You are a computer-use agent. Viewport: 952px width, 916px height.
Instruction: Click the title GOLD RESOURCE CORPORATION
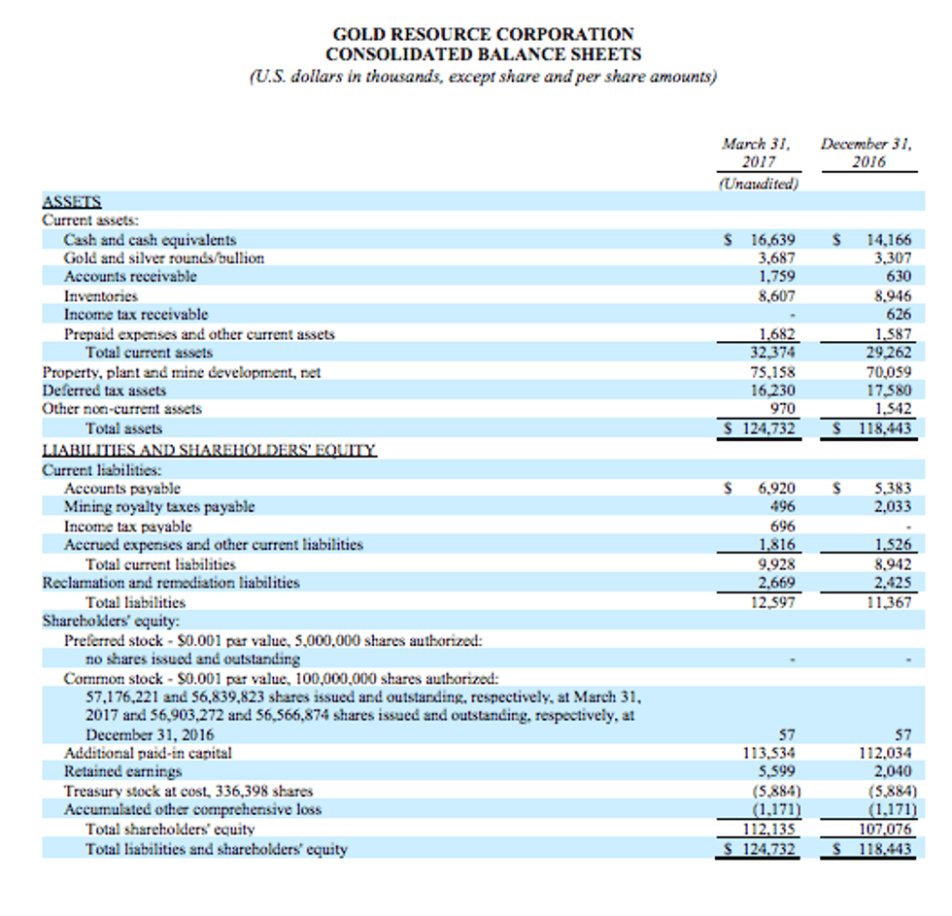(x=483, y=35)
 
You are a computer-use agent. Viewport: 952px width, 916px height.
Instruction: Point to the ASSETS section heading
(x=72, y=202)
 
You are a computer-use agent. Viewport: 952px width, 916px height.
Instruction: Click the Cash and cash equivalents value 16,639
(x=773, y=240)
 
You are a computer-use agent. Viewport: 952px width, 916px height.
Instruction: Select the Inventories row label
(x=100, y=295)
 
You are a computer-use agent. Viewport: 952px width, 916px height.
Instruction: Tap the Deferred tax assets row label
(x=104, y=390)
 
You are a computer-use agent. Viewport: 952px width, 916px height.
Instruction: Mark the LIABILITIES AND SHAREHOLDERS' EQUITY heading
(x=210, y=451)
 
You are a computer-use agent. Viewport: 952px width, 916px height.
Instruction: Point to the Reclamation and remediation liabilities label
(x=171, y=583)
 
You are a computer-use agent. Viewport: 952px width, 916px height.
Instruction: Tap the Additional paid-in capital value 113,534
(x=773, y=753)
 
